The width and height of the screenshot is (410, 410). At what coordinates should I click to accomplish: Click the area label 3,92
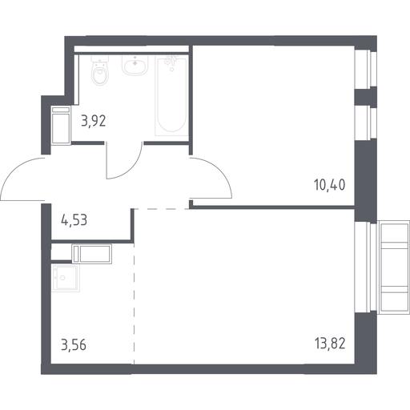click(94, 122)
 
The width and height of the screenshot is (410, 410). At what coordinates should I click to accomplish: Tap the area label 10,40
click(330, 185)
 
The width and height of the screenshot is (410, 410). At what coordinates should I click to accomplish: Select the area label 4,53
click(74, 221)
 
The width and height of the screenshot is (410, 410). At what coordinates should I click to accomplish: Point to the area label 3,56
click(74, 345)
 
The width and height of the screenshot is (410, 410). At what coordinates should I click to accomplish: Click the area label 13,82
click(330, 344)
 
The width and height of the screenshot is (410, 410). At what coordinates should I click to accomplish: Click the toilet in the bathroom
click(100, 70)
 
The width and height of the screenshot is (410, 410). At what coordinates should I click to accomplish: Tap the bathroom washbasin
click(135, 65)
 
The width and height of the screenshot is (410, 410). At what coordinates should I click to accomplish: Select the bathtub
click(171, 96)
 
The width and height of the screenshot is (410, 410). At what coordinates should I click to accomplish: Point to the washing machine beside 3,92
click(62, 126)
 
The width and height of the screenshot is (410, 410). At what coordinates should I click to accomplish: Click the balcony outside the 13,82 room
click(394, 266)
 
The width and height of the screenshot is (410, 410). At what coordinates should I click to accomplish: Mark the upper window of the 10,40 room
click(365, 68)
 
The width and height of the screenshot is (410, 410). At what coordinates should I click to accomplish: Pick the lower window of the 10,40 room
click(365, 123)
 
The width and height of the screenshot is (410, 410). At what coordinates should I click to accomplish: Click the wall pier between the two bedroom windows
click(365, 97)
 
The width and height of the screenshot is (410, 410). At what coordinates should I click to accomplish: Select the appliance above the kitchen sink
click(92, 254)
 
